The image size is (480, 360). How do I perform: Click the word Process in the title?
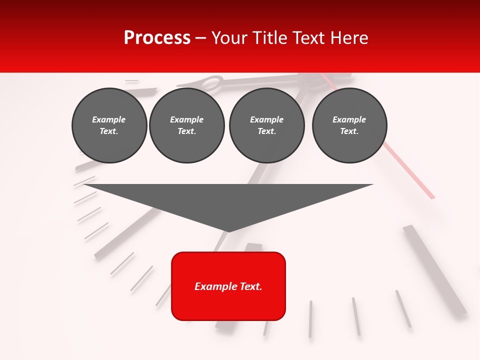pos(157,38)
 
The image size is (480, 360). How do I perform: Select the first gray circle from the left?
pos(109,125)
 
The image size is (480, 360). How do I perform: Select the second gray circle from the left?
pos(187,125)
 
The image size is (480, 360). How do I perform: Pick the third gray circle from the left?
pos(266,125)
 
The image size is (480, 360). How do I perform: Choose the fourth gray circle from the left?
pos(349,125)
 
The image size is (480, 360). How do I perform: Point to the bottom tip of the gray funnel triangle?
pos(228,232)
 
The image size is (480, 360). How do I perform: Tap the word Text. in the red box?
pos(250,286)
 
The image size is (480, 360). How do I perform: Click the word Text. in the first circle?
pos(109,131)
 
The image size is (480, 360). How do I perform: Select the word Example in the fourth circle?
pos(349,119)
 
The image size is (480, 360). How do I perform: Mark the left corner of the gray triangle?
pos(84,184)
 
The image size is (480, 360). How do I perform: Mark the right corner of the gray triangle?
pos(373,184)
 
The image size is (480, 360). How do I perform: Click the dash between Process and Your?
pos(201,38)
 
